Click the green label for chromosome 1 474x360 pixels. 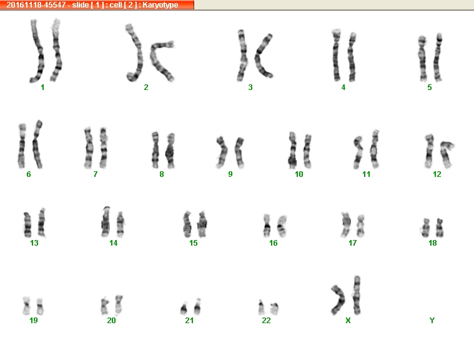coord(42,87)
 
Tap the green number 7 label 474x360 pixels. coord(95,174)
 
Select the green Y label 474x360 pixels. coord(432,321)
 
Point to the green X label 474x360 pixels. coord(348,321)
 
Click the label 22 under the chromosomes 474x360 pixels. coord(266,321)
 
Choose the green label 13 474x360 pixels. coord(34,243)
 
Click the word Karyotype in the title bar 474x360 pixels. coord(160,5)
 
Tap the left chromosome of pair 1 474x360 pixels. coord(39,51)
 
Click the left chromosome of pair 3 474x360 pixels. coord(242,56)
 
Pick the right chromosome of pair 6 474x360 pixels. coord(37,145)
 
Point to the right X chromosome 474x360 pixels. coord(357,295)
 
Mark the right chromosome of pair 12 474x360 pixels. coord(445,154)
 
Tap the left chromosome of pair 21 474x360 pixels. coord(184,308)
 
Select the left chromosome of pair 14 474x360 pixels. coord(106,222)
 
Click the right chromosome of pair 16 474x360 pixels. coord(282,226)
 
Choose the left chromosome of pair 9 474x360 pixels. coord(222,152)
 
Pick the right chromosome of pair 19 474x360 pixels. coord(40,306)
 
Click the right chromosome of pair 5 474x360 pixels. coord(437,57)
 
